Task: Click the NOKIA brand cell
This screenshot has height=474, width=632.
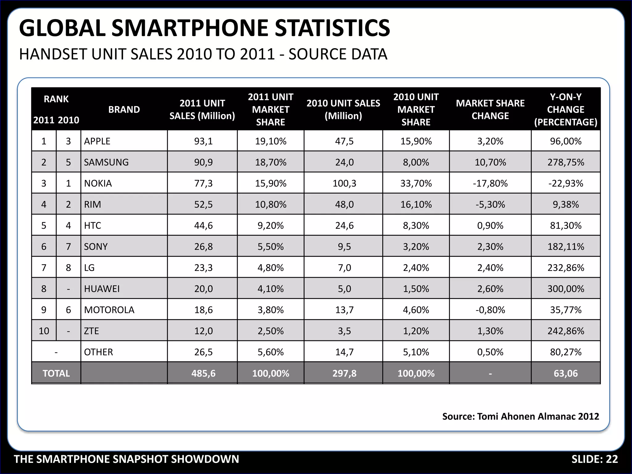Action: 98,183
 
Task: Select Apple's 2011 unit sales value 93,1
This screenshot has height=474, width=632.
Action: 203,141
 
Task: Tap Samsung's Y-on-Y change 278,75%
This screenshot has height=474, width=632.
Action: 566,162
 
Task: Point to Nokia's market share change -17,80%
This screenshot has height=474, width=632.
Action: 490,183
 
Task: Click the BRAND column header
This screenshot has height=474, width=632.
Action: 124,110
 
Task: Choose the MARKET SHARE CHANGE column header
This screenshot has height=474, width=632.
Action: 490,110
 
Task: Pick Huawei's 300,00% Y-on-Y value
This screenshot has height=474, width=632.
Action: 566,289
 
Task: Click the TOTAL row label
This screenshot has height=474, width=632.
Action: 56,373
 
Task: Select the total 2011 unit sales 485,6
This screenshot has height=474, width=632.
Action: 203,373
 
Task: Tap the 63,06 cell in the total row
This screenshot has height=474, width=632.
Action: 566,373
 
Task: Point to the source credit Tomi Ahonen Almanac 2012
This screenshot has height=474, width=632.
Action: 538,416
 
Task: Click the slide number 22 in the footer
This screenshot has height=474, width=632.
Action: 612,459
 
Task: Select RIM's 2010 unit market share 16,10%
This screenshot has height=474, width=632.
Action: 416,204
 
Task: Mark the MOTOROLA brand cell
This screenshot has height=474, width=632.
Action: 109,310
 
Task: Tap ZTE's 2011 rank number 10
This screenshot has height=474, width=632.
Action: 44,331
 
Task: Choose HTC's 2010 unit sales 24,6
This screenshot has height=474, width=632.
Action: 344,226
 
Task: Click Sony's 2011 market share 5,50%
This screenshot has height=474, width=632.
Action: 270,247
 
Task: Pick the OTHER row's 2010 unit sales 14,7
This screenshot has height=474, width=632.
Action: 344,352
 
